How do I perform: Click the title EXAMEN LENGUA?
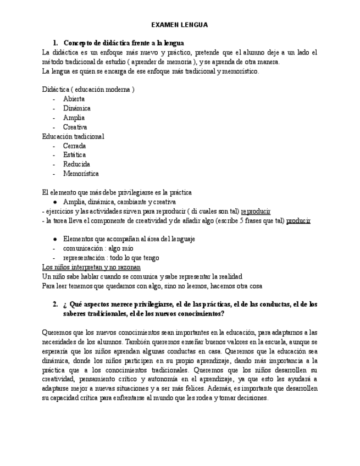180,25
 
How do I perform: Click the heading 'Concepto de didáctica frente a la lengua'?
124,43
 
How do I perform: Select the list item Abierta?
74,99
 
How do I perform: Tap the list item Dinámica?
76,108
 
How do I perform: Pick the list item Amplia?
74,118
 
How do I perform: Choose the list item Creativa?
75,127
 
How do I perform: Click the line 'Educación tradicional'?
73,136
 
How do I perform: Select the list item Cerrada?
74,146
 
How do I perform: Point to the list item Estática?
74,155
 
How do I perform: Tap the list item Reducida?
76,164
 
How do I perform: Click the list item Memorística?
81,174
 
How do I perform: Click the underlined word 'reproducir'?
256,211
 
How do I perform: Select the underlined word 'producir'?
298,220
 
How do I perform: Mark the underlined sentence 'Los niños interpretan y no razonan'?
91,267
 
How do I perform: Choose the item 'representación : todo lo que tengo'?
111,258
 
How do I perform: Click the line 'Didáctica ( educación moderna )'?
88,89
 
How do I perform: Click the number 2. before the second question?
55,304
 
